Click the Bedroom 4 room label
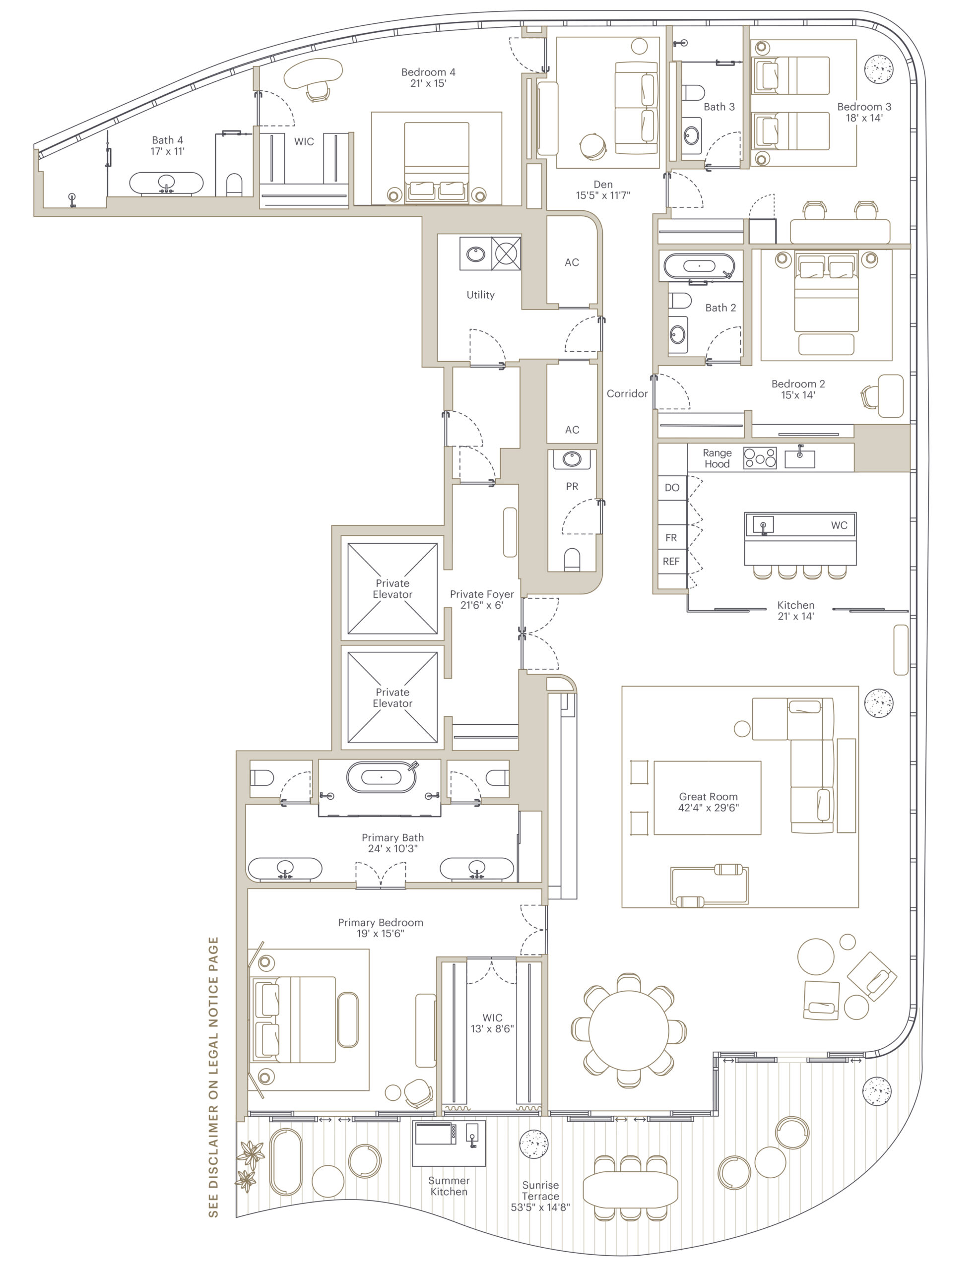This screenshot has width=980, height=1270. pos(428,72)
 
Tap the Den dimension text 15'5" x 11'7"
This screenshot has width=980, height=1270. pos(603,195)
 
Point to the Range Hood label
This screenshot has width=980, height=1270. pos(717,458)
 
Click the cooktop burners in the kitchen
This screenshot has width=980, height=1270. pos(760,457)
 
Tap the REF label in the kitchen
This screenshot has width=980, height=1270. pos(671,561)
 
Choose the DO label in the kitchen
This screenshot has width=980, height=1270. pos(672,487)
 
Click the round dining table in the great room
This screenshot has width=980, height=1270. pos(629,1030)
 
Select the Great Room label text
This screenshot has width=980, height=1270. pos(708,796)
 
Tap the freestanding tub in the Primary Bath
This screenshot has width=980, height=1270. pos(382,777)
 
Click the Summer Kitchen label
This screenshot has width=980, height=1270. pos(449,1186)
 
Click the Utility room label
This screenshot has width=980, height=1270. pos(480,295)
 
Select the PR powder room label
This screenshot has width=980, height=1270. pos(572,486)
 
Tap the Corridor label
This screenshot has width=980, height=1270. pos(627,394)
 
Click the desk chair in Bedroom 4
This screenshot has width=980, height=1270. pos(318,90)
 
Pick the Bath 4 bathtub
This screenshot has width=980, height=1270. pos(166,183)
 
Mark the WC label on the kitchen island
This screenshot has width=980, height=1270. pos(839,525)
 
